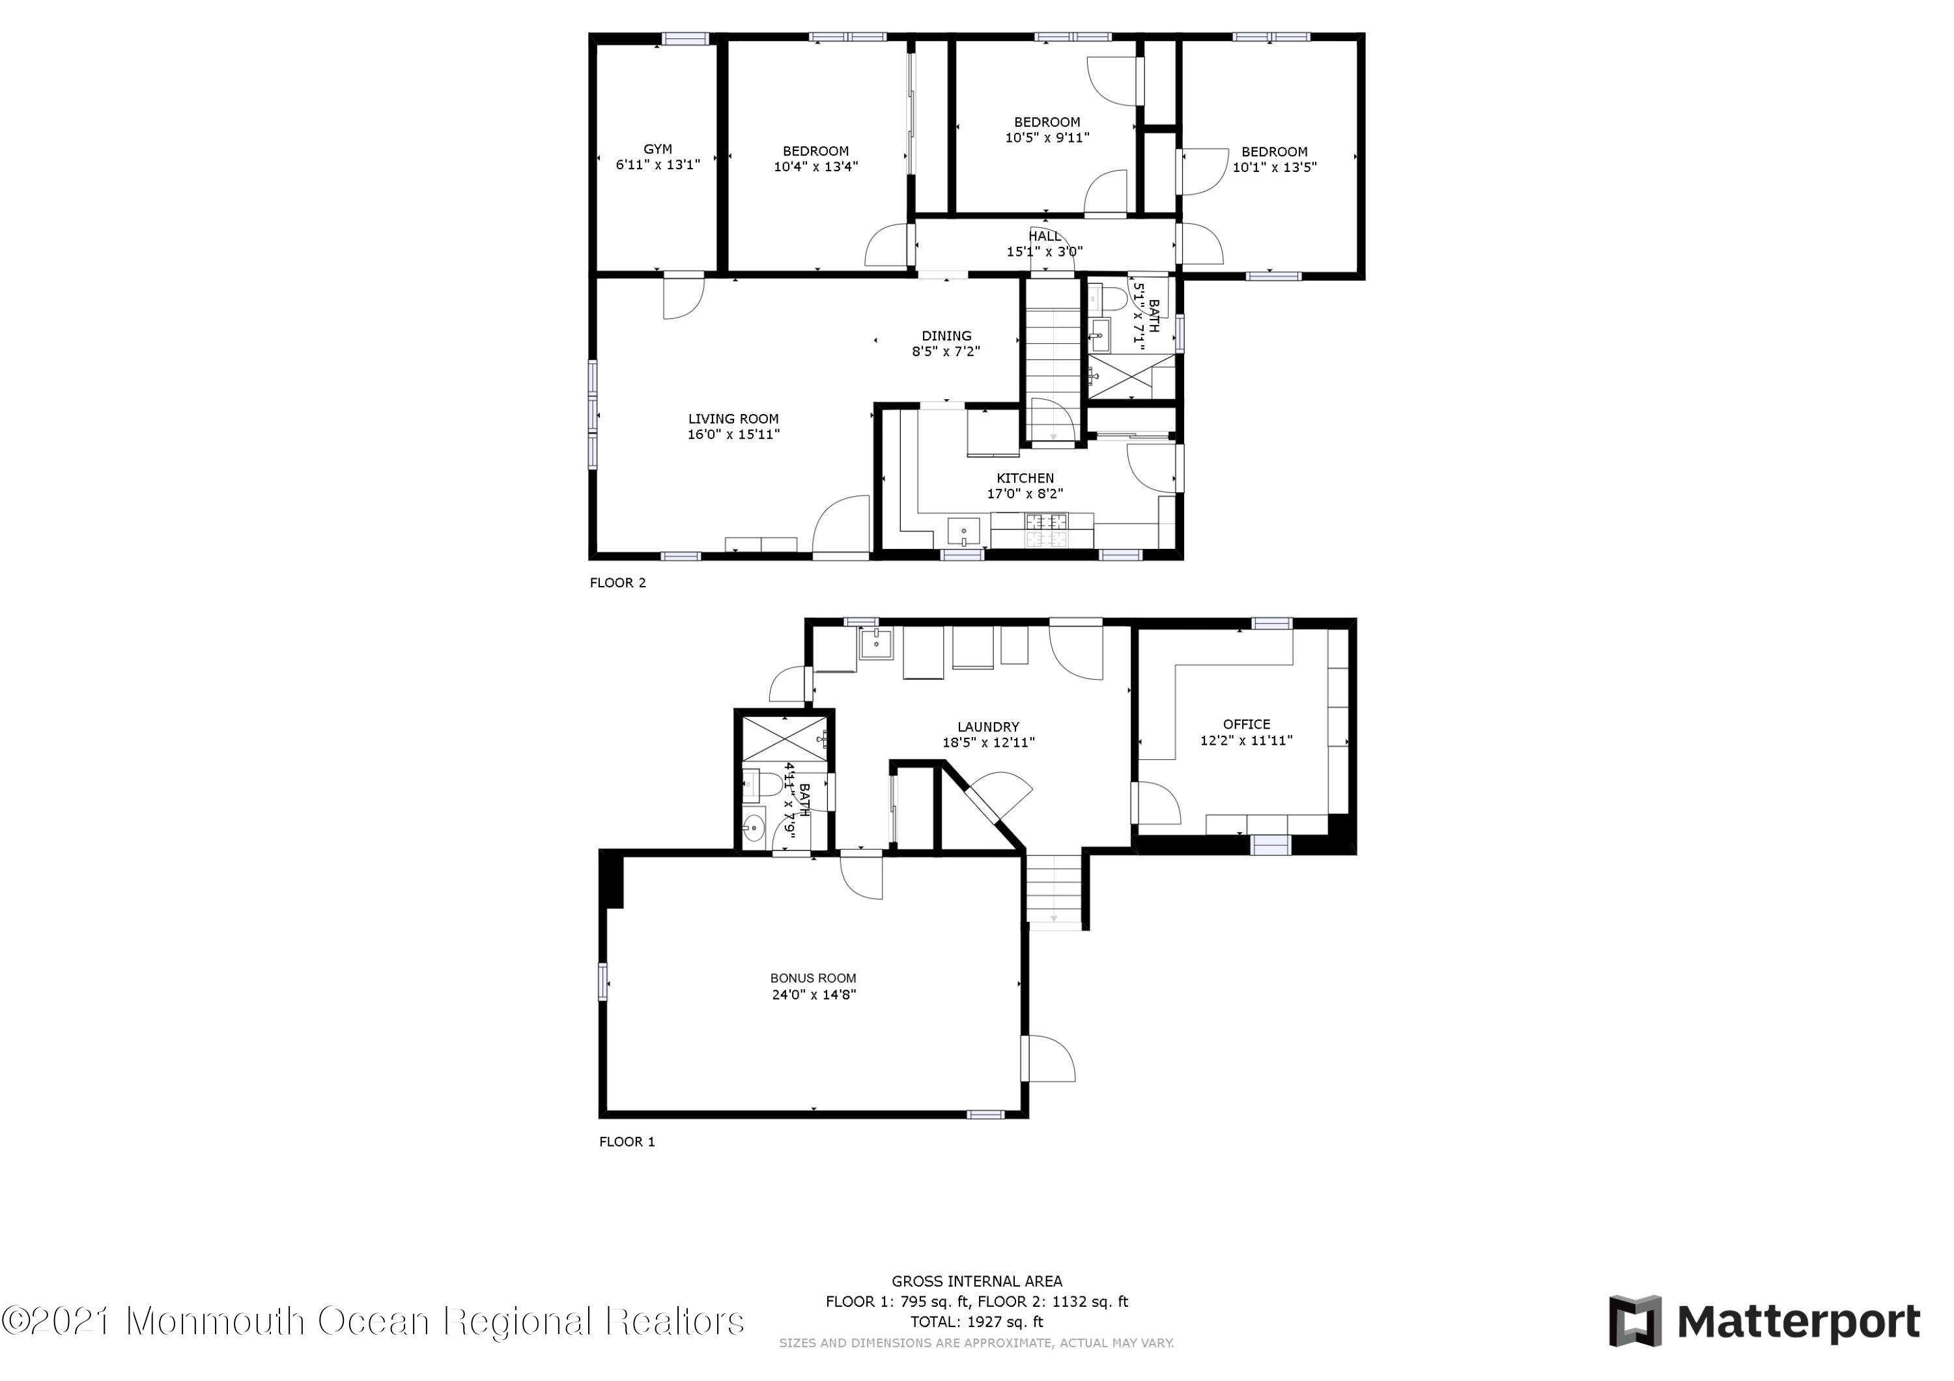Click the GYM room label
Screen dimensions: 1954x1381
(x=657, y=149)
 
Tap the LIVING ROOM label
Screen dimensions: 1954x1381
(x=733, y=419)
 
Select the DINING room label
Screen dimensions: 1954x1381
(x=946, y=335)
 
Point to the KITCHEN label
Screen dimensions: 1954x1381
(x=1025, y=478)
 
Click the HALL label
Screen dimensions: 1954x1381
(x=1045, y=236)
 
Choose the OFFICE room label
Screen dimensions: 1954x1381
(x=1247, y=724)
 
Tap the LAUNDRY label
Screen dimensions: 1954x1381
(x=988, y=727)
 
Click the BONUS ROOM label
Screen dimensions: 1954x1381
(x=814, y=979)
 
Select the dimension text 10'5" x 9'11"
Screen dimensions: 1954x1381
(x=1047, y=137)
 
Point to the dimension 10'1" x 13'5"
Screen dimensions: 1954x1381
(x=1275, y=167)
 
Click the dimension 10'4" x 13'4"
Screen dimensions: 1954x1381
(x=816, y=167)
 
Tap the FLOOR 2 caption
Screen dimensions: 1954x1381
(x=618, y=583)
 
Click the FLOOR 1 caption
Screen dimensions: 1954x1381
(x=627, y=1142)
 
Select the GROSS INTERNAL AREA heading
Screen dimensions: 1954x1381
(x=977, y=1281)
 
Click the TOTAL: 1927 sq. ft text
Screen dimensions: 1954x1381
(x=977, y=1322)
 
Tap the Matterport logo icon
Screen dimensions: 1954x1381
(x=1635, y=1322)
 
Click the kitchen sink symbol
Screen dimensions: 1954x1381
(x=963, y=533)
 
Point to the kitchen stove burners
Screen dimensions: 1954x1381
(x=1046, y=530)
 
